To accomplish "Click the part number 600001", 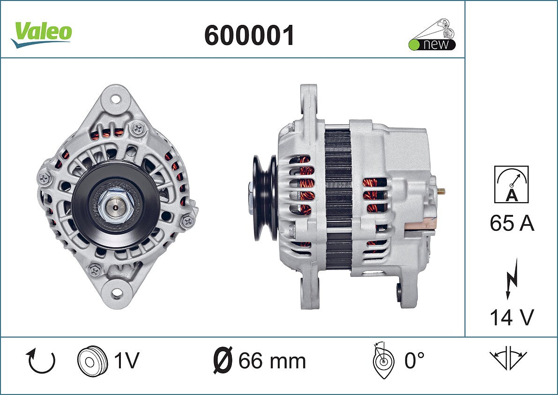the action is (249, 36).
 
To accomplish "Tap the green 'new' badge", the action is (432, 35).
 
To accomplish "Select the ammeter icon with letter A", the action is (511, 184).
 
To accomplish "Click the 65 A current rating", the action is (512, 223).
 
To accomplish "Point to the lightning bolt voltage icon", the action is (512, 279).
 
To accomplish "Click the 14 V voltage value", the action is (512, 317).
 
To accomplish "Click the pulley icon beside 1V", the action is (92, 360).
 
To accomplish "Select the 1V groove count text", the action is (126, 360).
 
